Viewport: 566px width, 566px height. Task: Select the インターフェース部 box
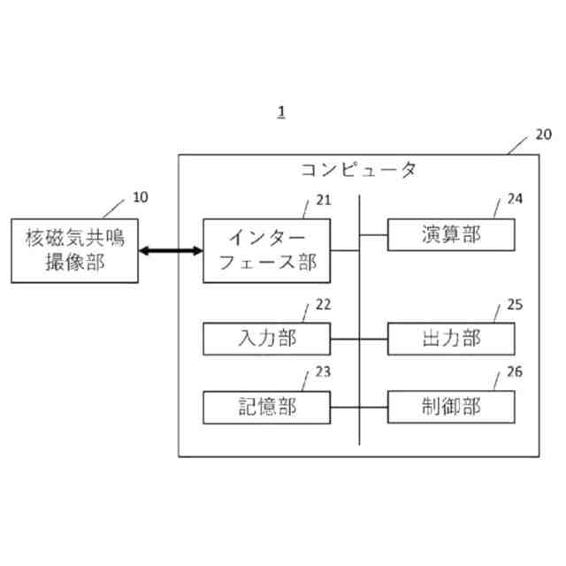coord(267,250)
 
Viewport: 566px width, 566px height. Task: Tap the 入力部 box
coord(267,339)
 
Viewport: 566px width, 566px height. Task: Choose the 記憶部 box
coord(267,407)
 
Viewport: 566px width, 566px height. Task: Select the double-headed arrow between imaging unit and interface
coord(170,252)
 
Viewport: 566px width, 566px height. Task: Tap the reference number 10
coord(140,197)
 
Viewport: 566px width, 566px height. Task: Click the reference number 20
coord(543,134)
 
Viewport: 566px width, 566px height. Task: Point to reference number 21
coord(324,198)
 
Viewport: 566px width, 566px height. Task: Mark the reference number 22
coord(324,304)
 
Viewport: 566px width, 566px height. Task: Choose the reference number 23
coord(324,372)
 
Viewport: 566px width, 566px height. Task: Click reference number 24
coord(515,199)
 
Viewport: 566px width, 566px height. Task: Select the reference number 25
coord(515,304)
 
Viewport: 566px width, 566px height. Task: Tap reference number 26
coord(515,372)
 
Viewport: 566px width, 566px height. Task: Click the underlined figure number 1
coord(281,111)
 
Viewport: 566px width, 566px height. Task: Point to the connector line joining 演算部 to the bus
coord(373,235)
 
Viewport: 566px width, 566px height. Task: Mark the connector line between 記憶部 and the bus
coord(345,408)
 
